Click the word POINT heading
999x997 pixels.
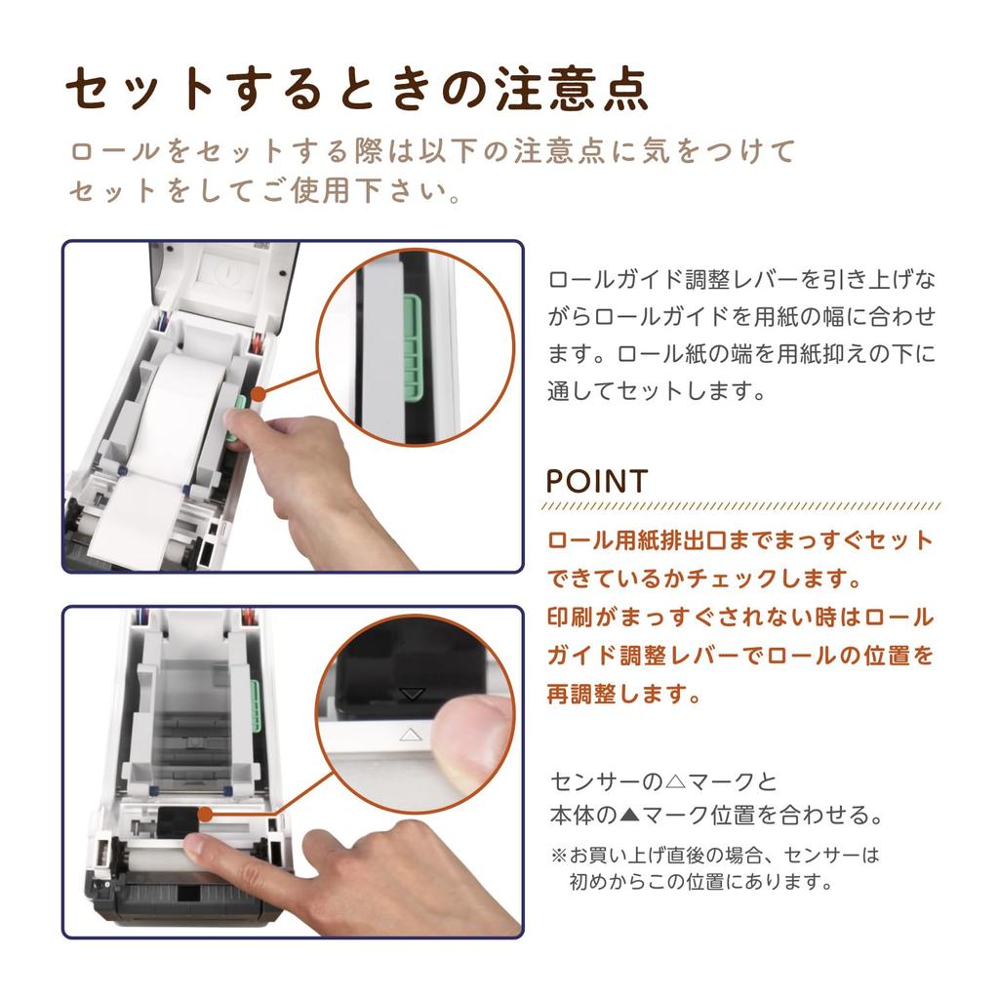[597, 481]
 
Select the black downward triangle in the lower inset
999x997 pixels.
[413, 694]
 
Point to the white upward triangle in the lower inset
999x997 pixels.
[411, 735]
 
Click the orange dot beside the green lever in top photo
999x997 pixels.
[258, 394]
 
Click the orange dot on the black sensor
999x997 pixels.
[205, 815]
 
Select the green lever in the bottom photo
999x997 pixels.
[257, 705]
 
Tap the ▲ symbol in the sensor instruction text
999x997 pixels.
[629, 815]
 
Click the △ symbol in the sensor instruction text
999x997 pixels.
[674, 781]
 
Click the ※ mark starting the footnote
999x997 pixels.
[559, 855]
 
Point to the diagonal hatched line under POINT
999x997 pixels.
[741, 507]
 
